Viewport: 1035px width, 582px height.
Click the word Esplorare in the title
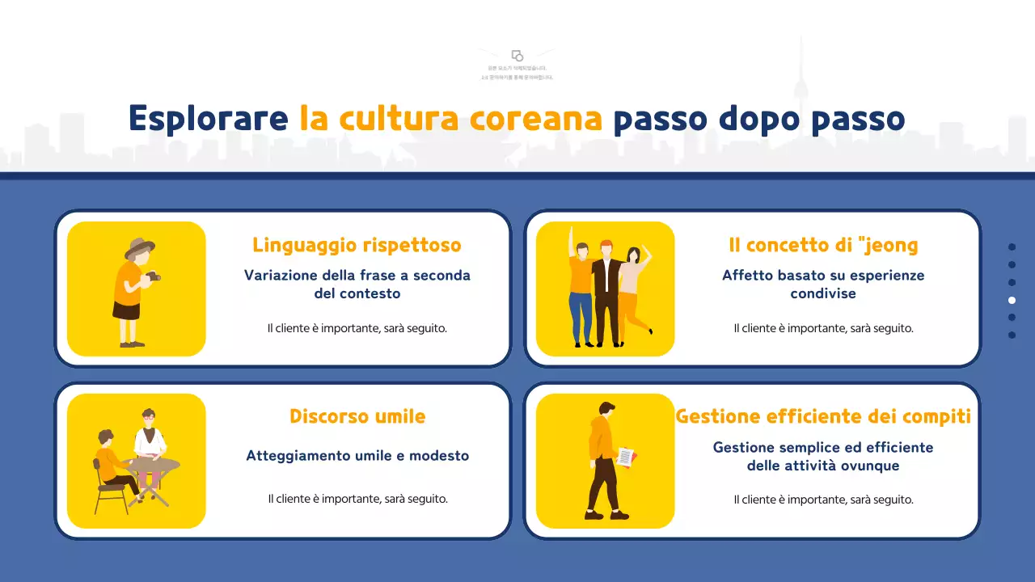[208, 119]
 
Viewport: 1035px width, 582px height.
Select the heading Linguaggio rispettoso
[357, 245]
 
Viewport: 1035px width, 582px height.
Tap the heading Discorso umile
[357, 416]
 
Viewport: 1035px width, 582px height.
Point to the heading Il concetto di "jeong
[823, 245]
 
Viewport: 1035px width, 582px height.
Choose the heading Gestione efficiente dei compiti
[823, 416]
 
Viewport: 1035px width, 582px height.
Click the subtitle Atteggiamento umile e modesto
[357, 456]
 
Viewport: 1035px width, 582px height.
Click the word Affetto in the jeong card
[746, 276]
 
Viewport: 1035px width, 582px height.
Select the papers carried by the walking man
[627, 457]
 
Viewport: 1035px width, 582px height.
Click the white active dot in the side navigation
[1012, 300]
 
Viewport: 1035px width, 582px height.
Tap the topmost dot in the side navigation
[1012, 247]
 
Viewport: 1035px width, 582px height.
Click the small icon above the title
[517, 56]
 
